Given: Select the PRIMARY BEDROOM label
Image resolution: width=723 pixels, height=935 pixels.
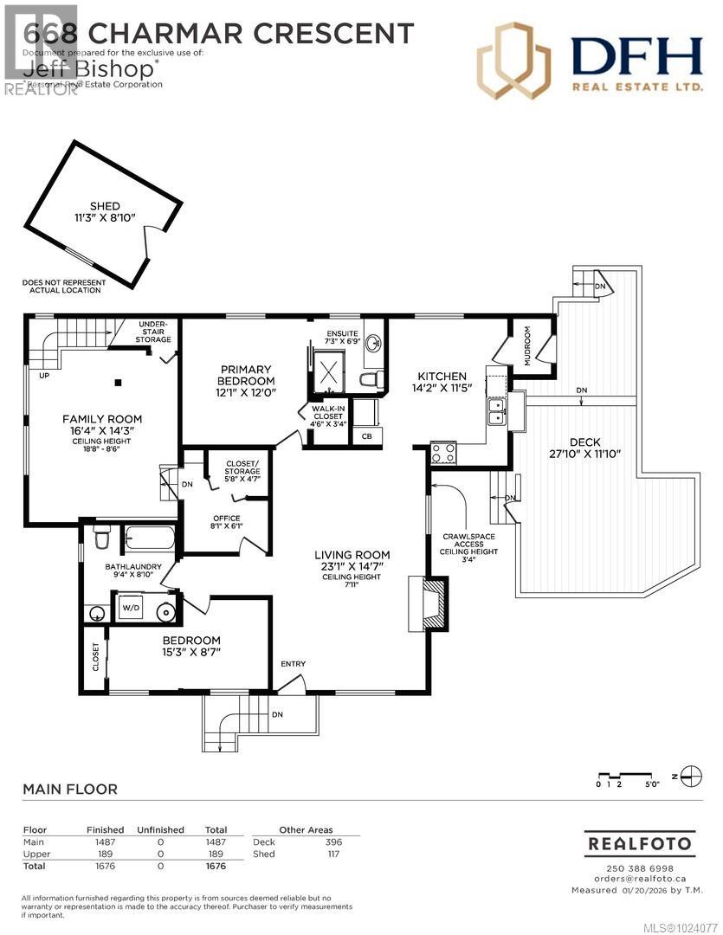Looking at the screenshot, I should (247, 375).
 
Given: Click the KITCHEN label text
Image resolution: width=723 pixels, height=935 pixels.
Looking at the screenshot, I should (442, 376).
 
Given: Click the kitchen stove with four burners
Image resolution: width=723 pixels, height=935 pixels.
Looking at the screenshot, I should (444, 453).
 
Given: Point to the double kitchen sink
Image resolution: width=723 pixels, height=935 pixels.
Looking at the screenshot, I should (497, 411).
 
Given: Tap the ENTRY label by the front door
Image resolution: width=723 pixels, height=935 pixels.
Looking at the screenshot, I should (293, 664).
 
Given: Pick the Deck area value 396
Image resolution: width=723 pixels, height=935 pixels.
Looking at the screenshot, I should (333, 841).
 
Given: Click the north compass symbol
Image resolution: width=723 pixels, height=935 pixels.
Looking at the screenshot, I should (691, 775).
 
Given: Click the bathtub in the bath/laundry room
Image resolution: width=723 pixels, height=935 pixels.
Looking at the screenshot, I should (148, 540).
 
